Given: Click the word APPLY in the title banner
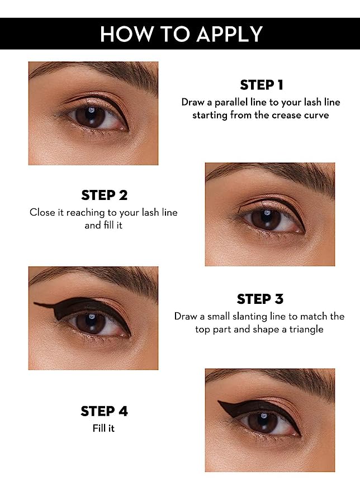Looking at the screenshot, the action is [230, 34].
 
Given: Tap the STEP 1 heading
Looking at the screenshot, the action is [262, 85].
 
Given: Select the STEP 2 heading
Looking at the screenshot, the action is [105, 196].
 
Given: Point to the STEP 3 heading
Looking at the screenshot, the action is [260, 299].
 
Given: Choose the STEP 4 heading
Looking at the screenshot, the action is [105, 411].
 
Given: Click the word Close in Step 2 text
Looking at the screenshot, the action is [42, 213].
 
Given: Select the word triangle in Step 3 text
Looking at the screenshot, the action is [306, 330].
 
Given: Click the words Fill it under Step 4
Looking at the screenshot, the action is [103, 428].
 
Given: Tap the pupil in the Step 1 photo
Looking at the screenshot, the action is [91, 117].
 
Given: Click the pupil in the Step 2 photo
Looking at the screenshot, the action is [266, 219].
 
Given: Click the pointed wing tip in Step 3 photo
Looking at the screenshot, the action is [34, 303].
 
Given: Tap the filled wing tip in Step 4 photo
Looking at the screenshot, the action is [219, 402].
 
